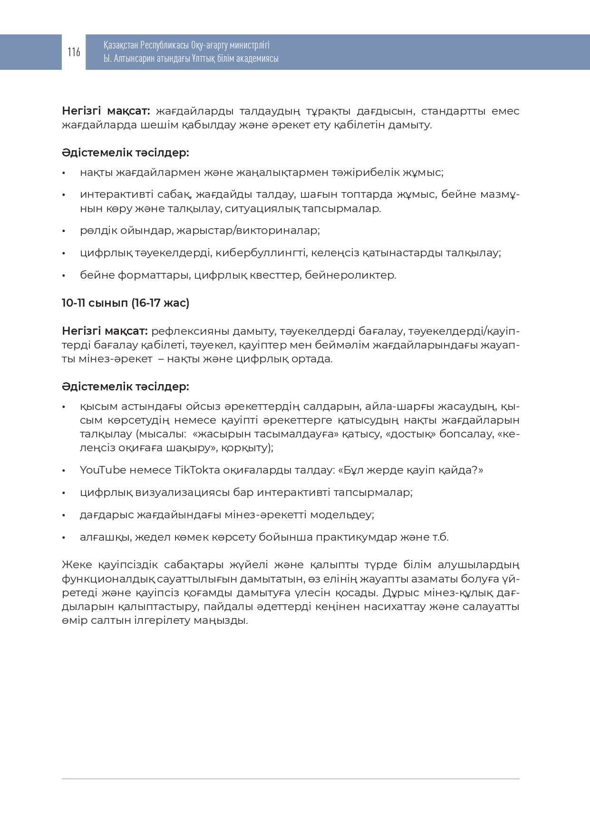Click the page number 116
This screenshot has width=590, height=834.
click(x=74, y=52)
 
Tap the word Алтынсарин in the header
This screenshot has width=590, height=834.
click(x=136, y=58)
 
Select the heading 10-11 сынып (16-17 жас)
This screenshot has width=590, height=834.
click(x=126, y=303)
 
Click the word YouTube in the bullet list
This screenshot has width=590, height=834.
click(x=103, y=470)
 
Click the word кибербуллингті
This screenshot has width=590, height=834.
click(x=261, y=252)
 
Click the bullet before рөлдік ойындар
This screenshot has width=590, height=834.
click(x=64, y=231)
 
